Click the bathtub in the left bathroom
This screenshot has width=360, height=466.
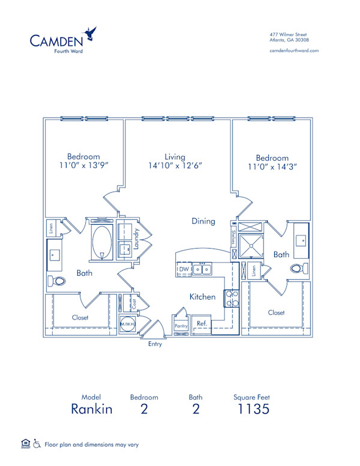[101, 241]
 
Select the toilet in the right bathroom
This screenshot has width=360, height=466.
[299, 268]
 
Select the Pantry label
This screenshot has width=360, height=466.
[181, 326]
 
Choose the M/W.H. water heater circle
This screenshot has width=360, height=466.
[127, 324]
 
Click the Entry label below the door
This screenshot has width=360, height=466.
[155, 344]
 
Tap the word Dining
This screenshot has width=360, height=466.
[203, 221]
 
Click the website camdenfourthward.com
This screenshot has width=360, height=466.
[294, 51]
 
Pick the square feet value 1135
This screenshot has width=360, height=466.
[251, 410]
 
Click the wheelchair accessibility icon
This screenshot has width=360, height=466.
[36, 444]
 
